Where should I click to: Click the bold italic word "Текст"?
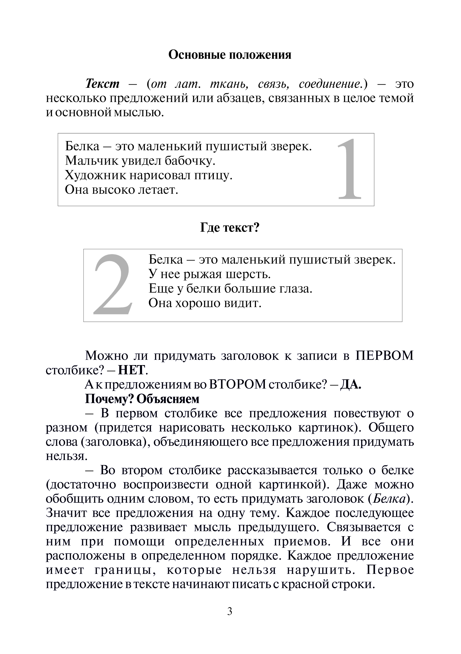(x=102, y=84)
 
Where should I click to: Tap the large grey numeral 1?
(x=349, y=169)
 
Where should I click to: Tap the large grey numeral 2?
(x=113, y=285)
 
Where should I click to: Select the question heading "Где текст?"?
(x=230, y=228)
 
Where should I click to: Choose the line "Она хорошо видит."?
(x=205, y=303)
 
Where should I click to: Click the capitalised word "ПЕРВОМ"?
(x=384, y=356)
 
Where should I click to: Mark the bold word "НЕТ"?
(x=132, y=370)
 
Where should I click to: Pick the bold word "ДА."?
(x=351, y=385)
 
